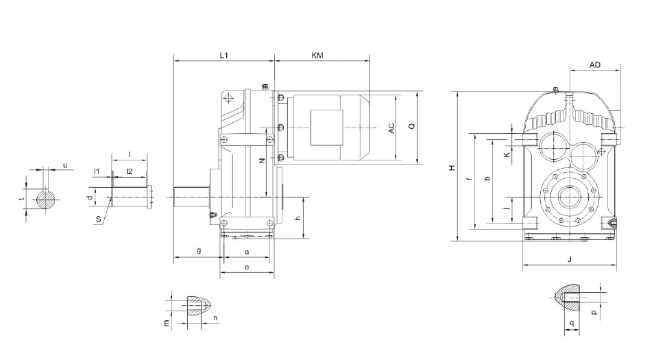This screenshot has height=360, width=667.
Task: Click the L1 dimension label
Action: [x=223, y=56]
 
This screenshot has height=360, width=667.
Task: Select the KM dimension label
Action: [x=317, y=56]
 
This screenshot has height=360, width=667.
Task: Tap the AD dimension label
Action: [x=595, y=64]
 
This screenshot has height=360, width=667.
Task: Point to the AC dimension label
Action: [x=391, y=128]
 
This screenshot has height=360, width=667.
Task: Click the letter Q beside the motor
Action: [x=411, y=126]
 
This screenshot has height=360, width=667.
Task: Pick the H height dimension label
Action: [x=452, y=168]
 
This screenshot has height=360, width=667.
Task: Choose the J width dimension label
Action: [x=570, y=259]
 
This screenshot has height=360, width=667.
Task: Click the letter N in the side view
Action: [x=262, y=160]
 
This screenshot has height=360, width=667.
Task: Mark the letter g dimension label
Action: [x=199, y=251]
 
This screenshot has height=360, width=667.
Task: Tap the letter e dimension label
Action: [x=247, y=267]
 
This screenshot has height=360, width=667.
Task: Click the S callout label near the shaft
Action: [x=99, y=219]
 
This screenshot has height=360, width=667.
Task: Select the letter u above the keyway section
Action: [x=65, y=165]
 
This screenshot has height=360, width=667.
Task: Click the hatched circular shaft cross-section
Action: [x=45, y=200]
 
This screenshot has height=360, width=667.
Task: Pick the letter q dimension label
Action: [x=572, y=323]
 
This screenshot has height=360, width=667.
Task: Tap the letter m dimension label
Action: [x=167, y=323]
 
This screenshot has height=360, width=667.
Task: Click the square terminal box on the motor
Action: [x=327, y=127]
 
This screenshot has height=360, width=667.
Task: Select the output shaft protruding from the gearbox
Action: [x=191, y=197]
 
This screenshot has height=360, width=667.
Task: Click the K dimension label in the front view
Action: [x=507, y=155]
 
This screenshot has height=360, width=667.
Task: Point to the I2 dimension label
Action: [x=130, y=171]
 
